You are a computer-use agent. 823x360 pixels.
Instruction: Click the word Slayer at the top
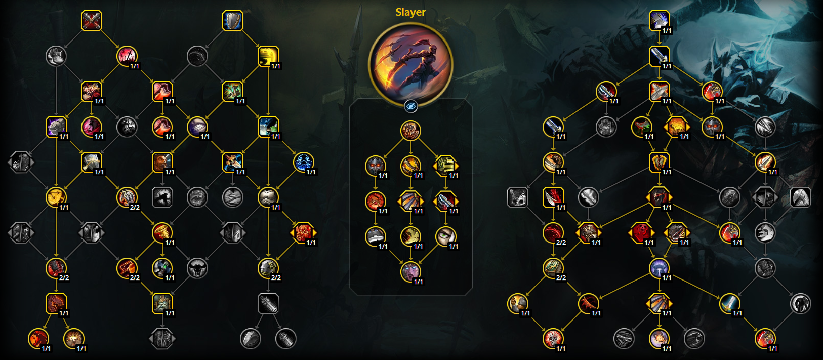point(410,12)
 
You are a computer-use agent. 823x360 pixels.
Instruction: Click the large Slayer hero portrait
point(410,64)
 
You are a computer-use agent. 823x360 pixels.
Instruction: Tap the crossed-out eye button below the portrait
point(410,106)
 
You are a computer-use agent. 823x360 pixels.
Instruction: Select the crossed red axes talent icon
point(92,21)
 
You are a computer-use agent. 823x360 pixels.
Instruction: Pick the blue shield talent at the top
point(233,21)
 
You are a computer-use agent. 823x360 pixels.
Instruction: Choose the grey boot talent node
point(56,56)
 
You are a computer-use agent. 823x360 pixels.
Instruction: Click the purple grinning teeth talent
point(197,127)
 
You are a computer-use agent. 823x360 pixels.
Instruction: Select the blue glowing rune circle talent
point(303,162)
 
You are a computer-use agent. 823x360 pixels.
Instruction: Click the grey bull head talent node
point(197,268)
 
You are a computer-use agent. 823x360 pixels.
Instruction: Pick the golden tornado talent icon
point(162,232)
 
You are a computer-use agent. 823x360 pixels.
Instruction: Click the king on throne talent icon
point(162,303)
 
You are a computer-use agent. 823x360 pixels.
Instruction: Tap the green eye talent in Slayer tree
point(445,236)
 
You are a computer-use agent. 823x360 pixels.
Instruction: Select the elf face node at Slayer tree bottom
point(410,272)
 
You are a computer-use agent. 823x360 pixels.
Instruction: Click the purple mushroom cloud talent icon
point(659,268)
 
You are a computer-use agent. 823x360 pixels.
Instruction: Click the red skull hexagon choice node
point(641,232)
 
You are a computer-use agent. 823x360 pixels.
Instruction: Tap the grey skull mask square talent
point(517,197)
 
